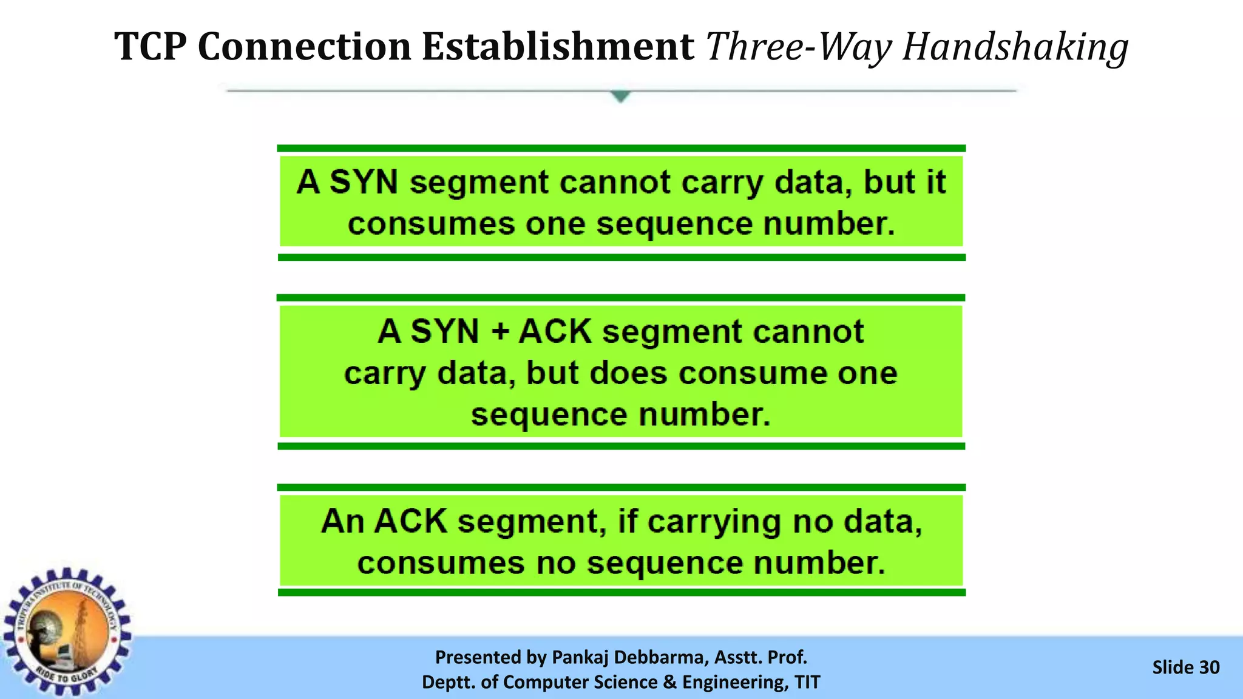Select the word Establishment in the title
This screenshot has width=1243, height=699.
(x=557, y=47)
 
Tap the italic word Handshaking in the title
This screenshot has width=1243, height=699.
(x=1015, y=47)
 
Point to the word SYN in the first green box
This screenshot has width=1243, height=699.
(x=364, y=182)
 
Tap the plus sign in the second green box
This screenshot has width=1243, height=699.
(x=500, y=331)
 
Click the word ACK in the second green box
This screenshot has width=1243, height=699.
(x=555, y=331)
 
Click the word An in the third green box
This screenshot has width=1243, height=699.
(x=342, y=521)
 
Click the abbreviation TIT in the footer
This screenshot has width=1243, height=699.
(x=807, y=682)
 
